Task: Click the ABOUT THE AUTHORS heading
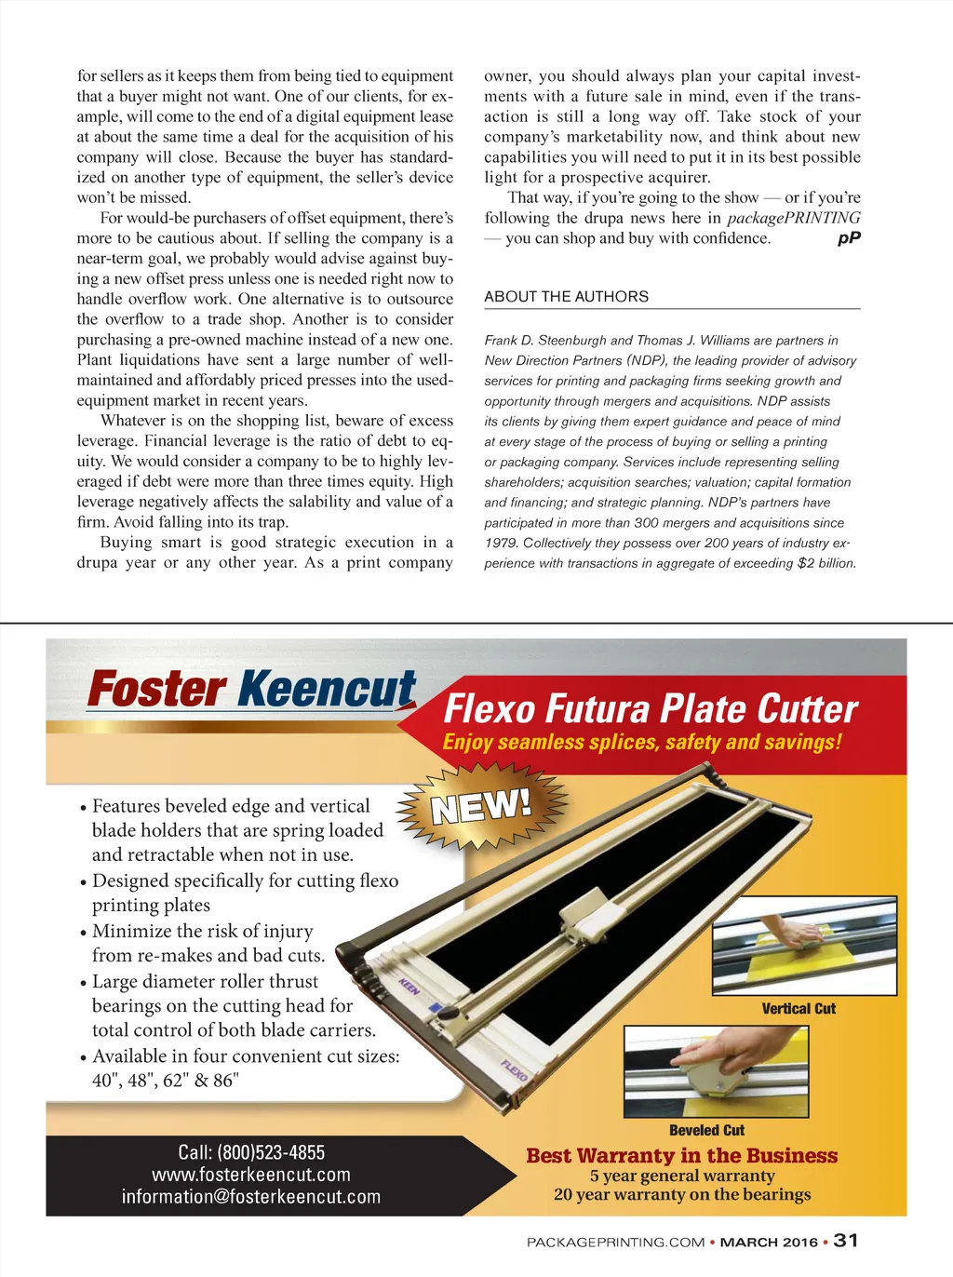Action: (x=566, y=297)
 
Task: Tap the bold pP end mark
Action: (x=849, y=238)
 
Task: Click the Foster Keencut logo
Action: (x=251, y=690)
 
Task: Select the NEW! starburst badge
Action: (x=479, y=806)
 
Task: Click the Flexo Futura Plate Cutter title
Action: (x=651, y=709)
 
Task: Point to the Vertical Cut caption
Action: (x=799, y=1009)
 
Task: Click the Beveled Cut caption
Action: (x=706, y=1131)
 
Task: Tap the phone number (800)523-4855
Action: (x=251, y=1152)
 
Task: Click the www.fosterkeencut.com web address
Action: (x=251, y=1175)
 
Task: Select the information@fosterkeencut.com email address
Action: (x=251, y=1197)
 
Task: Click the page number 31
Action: (x=846, y=1241)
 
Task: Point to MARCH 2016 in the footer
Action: (x=769, y=1243)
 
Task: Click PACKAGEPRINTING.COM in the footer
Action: (x=615, y=1243)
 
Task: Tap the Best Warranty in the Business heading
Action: (x=682, y=1156)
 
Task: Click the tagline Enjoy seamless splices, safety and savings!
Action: (x=642, y=742)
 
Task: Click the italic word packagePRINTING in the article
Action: (x=793, y=218)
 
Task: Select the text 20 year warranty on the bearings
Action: (x=682, y=1195)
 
